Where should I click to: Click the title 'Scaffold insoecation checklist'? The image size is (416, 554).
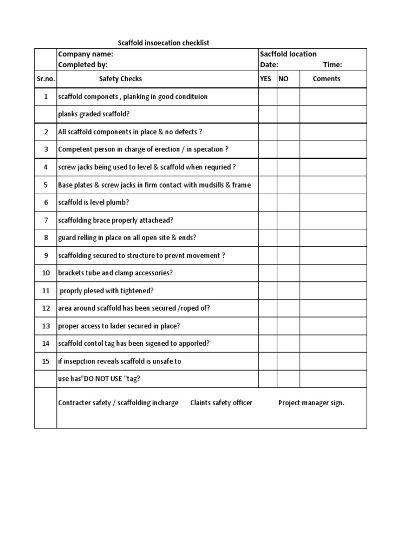[164, 43]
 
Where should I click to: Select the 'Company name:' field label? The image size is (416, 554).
[86, 54]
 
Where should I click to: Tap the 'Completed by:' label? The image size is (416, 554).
[83, 65]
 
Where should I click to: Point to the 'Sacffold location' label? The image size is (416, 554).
[288, 54]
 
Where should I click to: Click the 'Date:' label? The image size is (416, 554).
[269, 65]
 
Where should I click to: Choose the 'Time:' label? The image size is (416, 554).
[333, 65]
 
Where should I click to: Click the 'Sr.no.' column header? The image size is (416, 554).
[45, 79]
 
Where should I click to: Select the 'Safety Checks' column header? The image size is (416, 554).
[120, 79]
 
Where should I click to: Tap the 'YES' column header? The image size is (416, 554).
[266, 79]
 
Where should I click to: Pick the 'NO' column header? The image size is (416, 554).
[284, 79]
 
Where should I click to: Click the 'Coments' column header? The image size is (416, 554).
[327, 79]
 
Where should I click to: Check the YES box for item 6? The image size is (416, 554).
[268, 203]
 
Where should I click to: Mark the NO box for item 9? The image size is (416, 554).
[289, 255]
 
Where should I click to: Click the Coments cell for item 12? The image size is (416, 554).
[333, 308]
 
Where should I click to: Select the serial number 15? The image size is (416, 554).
[46, 361]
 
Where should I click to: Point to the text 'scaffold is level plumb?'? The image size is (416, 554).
[94, 203]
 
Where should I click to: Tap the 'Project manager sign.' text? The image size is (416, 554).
[311, 403]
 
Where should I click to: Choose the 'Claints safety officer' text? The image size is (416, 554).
[221, 403]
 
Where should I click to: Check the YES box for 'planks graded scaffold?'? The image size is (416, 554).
[268, 114]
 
